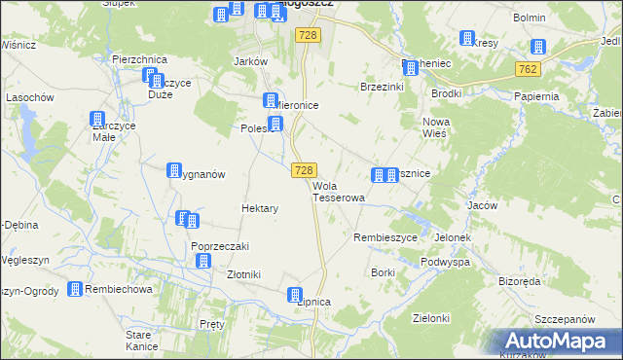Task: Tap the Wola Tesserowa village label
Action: [338, 192]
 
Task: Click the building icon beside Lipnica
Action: [296, 295]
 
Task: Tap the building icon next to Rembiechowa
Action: [74, 289]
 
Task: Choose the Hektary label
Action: [260, 208]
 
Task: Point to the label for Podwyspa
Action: [446, 263]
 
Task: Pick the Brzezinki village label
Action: [382, 87]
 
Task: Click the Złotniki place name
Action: [243, 274]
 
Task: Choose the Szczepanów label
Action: [565, 319]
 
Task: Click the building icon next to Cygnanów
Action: [175, 170]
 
